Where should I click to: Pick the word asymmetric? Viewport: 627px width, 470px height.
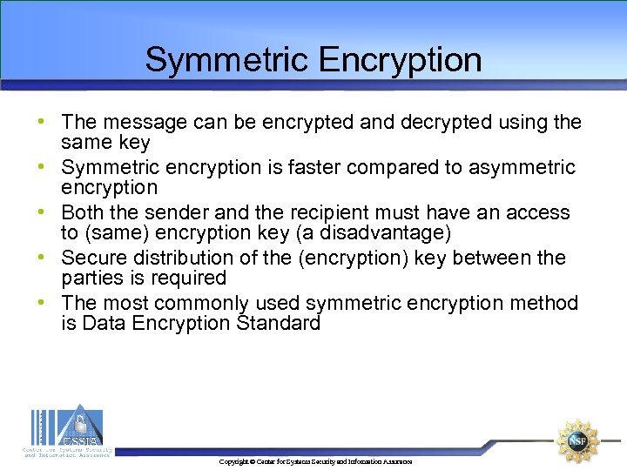(x=520, y=167)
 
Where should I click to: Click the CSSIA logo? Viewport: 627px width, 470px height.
(x=68, y=428)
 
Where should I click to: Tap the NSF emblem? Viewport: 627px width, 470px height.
(x=577, y=440)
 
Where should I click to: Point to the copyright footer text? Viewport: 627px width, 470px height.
(x=315, y=461)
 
